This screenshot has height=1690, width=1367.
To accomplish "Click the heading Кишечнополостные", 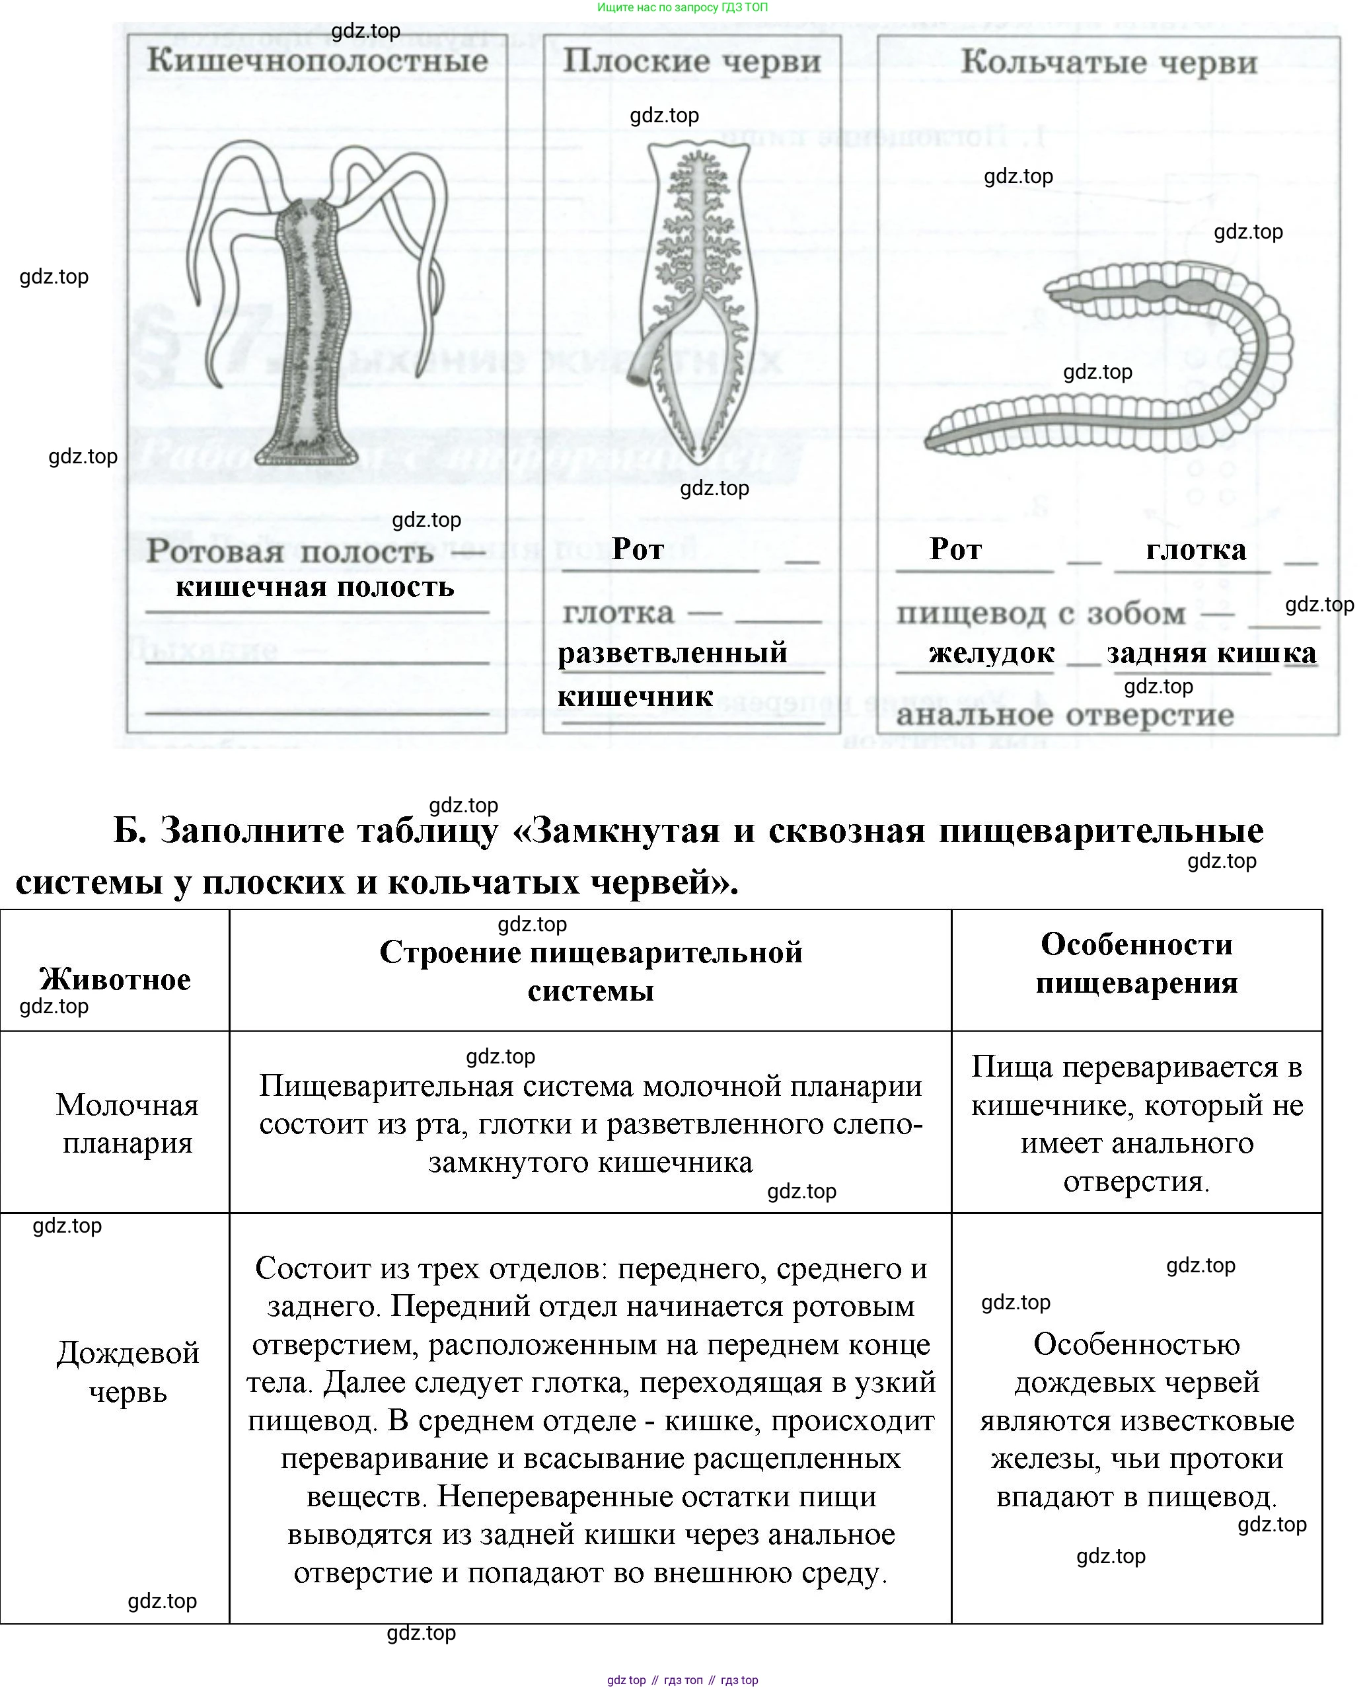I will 316,61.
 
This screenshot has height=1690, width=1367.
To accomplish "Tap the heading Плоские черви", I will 691,61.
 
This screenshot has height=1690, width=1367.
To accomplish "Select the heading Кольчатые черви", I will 1108,63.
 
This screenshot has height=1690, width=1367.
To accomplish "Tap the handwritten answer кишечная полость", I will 315,587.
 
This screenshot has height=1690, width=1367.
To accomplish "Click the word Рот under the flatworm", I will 638,549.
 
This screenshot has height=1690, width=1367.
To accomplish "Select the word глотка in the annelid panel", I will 1195,550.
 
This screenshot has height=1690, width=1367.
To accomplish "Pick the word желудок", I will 992,653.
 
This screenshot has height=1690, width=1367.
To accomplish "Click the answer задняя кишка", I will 1211,653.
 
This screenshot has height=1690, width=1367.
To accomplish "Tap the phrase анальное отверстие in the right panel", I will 1064,715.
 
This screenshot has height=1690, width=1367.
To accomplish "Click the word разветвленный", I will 673,653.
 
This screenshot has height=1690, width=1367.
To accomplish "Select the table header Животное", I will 115,979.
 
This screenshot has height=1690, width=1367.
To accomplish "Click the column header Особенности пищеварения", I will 1136,963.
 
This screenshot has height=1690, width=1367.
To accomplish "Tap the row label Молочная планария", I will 127,1124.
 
